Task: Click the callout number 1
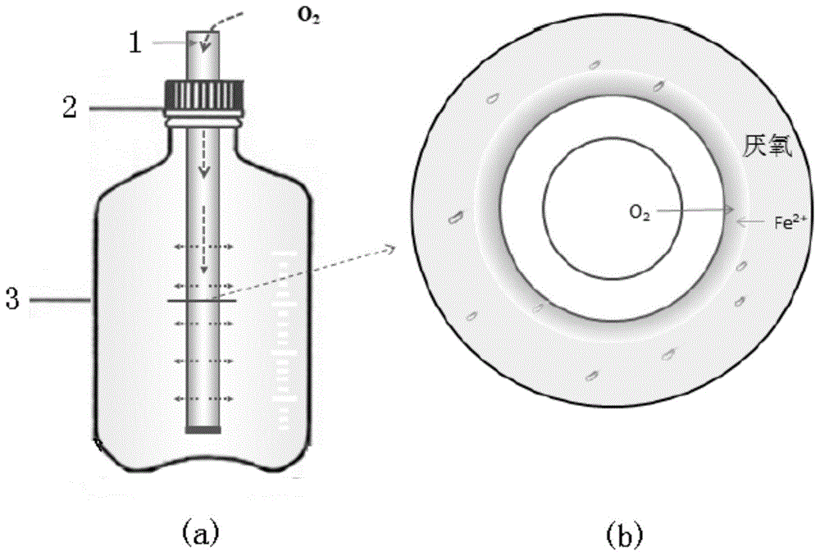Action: [135, 43]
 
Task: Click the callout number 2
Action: [70, 107]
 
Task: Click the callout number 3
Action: [12, 299]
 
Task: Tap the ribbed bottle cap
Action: [204, 98]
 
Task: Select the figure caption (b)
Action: [625, 534]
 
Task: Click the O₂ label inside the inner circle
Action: [640, 212]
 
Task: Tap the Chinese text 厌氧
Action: [768, 147]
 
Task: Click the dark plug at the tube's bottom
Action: [203, 430]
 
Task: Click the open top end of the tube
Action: [203, 33]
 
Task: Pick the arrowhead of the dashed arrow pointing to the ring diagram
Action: [389, 248]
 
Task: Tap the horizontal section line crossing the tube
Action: [202, 301]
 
